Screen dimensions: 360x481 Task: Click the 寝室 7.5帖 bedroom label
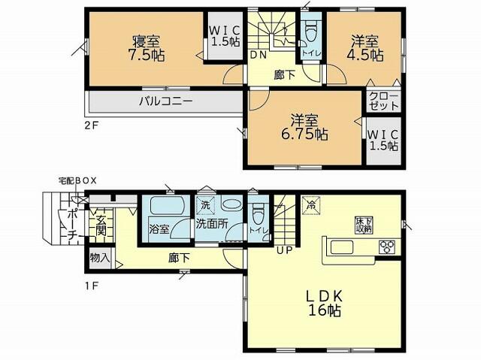147,47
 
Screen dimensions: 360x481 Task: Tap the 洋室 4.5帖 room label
366,48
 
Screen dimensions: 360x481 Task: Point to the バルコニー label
165,100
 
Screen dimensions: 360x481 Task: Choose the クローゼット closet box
383,101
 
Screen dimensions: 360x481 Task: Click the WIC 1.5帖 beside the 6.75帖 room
383,140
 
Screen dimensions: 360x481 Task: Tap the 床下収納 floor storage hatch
364,225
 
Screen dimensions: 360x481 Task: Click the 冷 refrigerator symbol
310,204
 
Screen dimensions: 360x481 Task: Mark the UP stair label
284,250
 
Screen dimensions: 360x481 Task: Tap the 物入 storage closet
99,258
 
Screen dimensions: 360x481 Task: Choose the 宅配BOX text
77,181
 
